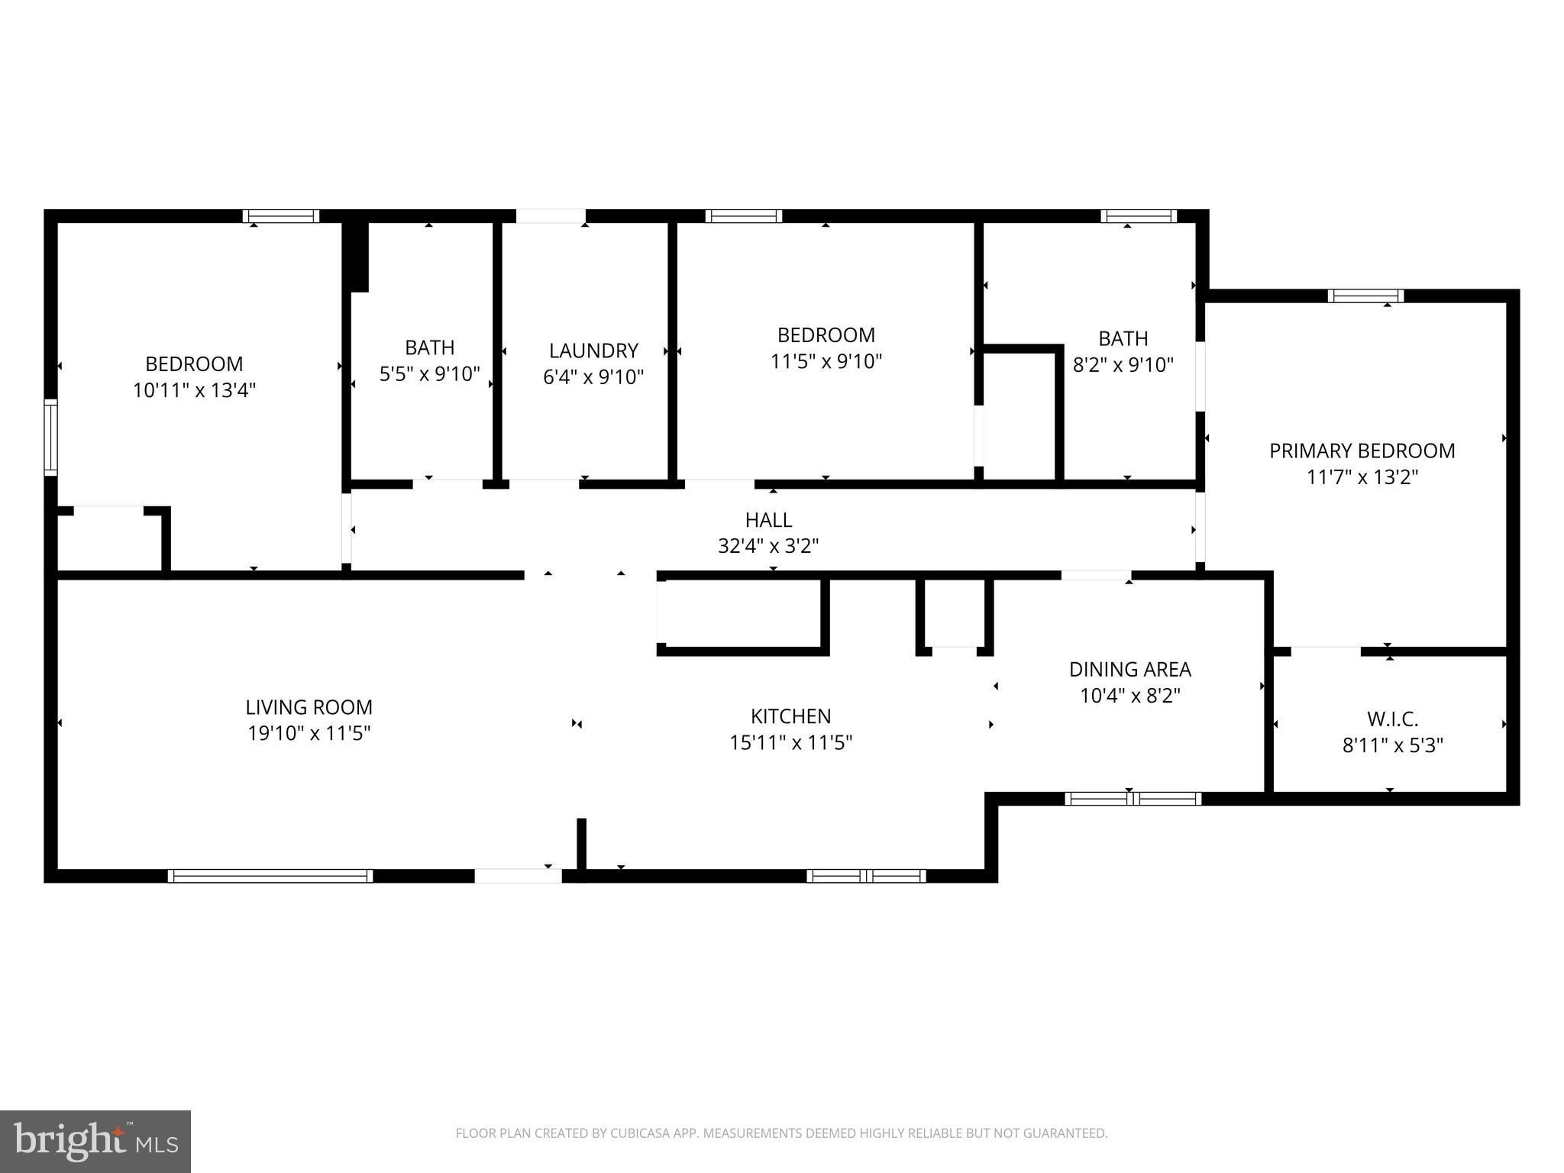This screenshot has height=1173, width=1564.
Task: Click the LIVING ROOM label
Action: coord(309,707)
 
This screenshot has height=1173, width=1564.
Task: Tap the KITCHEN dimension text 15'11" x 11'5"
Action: coord(790,742)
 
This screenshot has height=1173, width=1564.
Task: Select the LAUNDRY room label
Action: coord(593,351)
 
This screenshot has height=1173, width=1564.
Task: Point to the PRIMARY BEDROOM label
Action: coord(1362,451)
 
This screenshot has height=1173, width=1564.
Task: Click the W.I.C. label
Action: coord(1392,719)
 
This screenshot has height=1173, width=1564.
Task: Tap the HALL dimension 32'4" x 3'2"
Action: coord(768,546)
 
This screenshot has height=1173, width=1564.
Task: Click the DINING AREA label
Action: coord(1129,669)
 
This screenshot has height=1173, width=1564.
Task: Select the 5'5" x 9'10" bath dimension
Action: coord(429,374)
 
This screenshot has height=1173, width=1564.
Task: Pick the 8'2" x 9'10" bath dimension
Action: coord(1123,365)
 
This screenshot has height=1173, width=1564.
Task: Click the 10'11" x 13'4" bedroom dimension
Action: coord(194,390)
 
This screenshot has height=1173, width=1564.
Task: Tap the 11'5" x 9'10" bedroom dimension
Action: coord(826,361)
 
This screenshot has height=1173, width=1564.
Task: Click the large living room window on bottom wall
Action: coord(270,876)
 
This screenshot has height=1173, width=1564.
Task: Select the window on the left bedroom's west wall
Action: coord(50,437)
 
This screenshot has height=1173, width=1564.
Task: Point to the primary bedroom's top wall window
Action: coord(1365,296)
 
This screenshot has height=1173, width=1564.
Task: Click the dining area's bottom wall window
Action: coord(1133,799)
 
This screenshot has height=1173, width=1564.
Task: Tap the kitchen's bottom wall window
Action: coord(866,876)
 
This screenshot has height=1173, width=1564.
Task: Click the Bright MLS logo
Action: coord(95,1141)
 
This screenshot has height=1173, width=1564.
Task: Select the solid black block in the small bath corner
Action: coord(356,256)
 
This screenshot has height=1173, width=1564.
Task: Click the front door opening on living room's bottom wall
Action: coord(519,876)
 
